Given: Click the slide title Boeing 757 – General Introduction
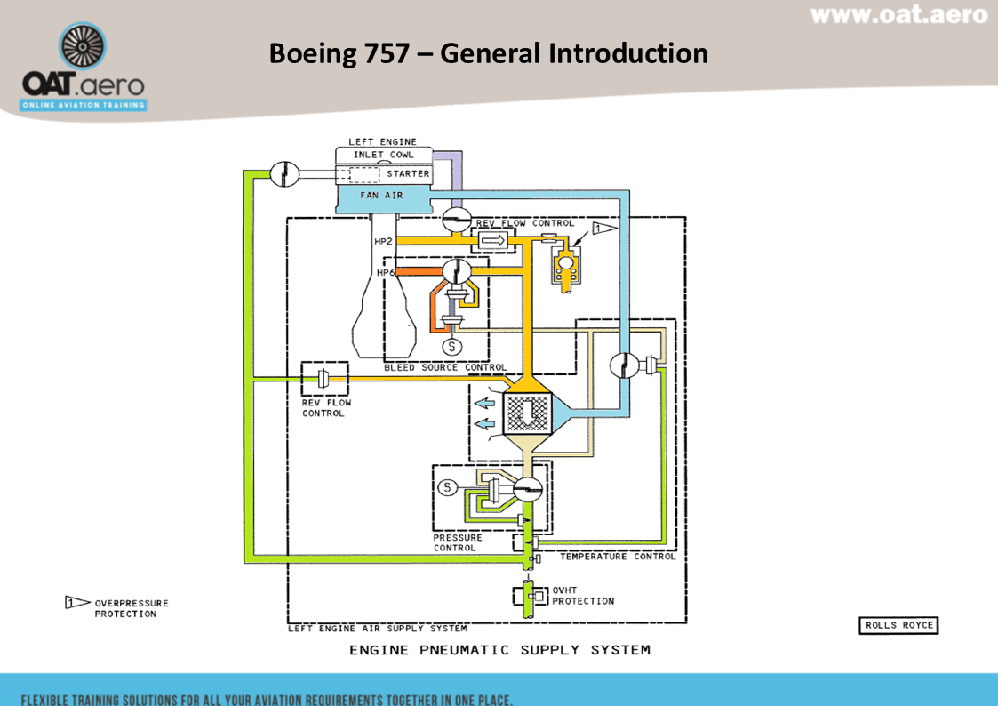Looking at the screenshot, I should [488, 53].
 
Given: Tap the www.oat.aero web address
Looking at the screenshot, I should [898, 15].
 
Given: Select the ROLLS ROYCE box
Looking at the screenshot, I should [899, 625].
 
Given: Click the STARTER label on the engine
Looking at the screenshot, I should [408, 174].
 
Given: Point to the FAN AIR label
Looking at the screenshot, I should [381, 195].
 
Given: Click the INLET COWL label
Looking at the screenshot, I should [383, 155].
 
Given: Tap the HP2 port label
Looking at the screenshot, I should [384, 241].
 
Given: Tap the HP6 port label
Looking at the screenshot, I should [386, 272].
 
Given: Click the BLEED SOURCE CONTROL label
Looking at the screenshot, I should [445, 367].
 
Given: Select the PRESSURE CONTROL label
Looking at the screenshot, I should [458, 542].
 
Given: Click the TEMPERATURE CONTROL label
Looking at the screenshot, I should [617, 557].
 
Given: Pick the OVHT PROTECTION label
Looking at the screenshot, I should [583, 596].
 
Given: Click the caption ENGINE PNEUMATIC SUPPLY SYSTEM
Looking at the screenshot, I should [499, 650].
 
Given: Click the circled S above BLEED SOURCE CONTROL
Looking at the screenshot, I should [451, 346].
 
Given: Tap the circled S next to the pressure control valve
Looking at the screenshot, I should [448, 486].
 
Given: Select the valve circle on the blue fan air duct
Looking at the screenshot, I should [625, 366].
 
